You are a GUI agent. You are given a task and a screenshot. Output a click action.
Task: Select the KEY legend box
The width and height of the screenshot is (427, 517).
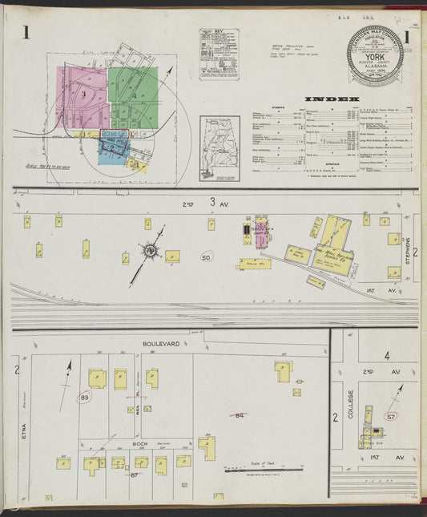click(219, 54)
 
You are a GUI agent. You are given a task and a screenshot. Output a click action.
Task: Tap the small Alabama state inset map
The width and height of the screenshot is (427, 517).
click(219, 149)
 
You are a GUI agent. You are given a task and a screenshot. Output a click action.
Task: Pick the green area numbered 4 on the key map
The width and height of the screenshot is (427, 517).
click(134, 96)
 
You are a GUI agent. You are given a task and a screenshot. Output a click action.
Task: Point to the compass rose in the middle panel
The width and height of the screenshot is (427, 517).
click(150, 251)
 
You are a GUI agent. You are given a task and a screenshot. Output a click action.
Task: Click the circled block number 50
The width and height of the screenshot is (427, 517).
click(207, 257)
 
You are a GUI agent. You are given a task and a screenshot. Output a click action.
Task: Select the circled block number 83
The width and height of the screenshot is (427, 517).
click(86, 397)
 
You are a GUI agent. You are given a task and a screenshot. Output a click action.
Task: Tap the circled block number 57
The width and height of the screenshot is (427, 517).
click(391, 417)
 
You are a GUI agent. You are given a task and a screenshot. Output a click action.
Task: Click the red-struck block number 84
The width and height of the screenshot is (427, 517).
click(239, 414)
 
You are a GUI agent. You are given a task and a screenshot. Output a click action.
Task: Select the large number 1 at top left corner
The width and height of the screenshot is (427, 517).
click(26, 32)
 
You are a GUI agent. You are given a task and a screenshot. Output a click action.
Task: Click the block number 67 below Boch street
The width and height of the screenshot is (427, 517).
click(135, 475)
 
